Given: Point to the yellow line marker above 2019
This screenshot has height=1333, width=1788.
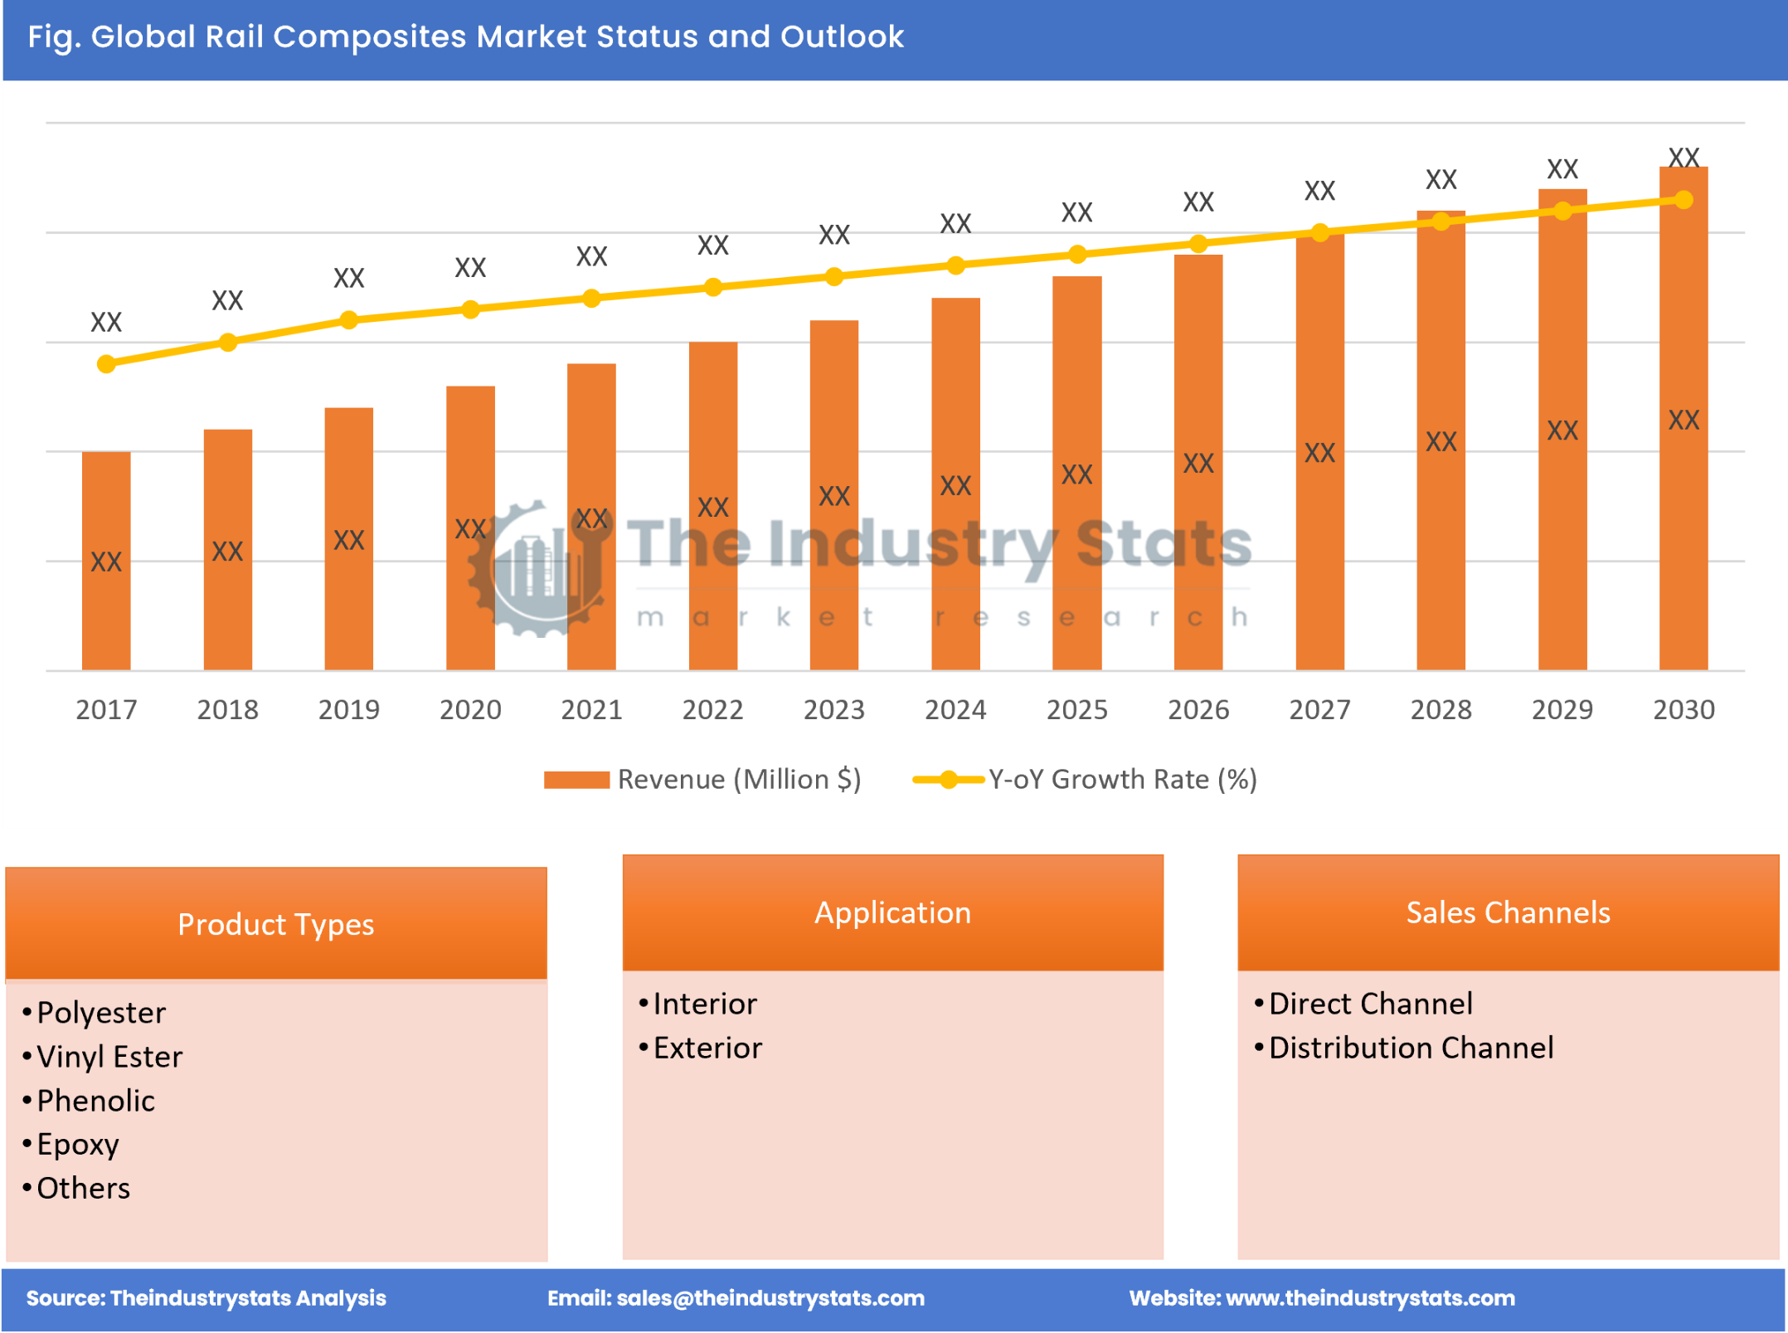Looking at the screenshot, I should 349,320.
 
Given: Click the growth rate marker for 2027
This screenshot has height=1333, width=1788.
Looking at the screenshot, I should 1320,233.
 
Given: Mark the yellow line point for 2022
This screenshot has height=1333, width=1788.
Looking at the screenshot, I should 713,288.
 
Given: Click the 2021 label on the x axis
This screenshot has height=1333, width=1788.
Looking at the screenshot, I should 591,710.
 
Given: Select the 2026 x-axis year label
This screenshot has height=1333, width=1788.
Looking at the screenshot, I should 1198,710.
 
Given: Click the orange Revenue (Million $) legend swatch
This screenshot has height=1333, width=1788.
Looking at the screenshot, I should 576,780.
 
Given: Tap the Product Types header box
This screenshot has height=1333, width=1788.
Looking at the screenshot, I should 276,924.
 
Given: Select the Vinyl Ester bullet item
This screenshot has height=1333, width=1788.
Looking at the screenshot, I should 109,1057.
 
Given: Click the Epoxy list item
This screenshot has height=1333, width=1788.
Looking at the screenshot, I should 78,1145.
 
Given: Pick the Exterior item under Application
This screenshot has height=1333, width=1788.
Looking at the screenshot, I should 707,1048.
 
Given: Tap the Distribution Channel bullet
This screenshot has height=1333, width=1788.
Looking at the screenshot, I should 1411,1048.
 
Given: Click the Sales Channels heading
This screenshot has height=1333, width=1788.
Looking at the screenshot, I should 1508,912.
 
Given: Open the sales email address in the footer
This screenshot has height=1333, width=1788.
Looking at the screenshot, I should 770,1298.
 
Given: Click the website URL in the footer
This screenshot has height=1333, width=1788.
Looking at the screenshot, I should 1370,1298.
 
